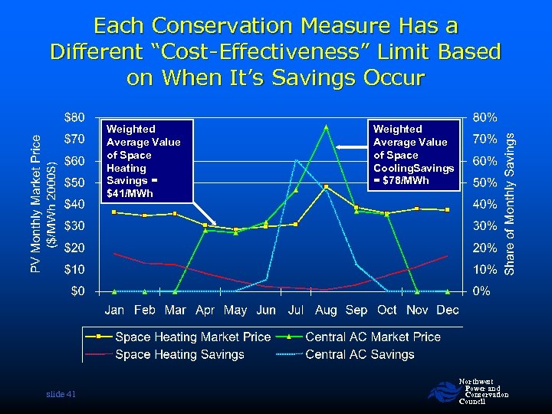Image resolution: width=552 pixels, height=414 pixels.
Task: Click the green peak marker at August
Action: pyautogui.click(x=326, y=127)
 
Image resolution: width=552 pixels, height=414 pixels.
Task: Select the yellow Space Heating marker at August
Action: pyautogui.click(x=326, y=187)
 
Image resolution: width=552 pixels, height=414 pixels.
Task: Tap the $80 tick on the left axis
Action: pyautogui.click(x=74, y=117)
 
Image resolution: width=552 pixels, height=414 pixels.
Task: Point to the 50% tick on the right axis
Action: pyautogui.click(x=485, y=183)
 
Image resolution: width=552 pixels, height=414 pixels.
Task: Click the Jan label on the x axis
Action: pyautogui.click(x=115, y=310)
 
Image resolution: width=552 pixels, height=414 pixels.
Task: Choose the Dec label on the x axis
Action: pyautogui.click(x=447, y=310)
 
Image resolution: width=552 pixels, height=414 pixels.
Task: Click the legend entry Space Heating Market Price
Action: pyautogui.click(x=192, y=337)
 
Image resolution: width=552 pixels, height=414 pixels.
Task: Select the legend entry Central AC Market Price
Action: pyautogui.click(x=373, y=337)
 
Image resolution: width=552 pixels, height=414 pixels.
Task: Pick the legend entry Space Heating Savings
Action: pyautogui.click(x=179, y=354)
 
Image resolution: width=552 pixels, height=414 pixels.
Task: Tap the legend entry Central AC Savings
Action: pyautogui.click(x=360, y=354)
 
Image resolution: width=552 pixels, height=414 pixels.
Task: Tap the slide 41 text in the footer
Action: pyautogui.click(x=59, y=393)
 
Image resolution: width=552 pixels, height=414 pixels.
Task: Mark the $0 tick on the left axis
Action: pyautogui.click(x=77, y=291)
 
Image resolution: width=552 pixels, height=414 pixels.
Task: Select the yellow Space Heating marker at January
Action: pyautogui.click(x=114, y=212)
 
